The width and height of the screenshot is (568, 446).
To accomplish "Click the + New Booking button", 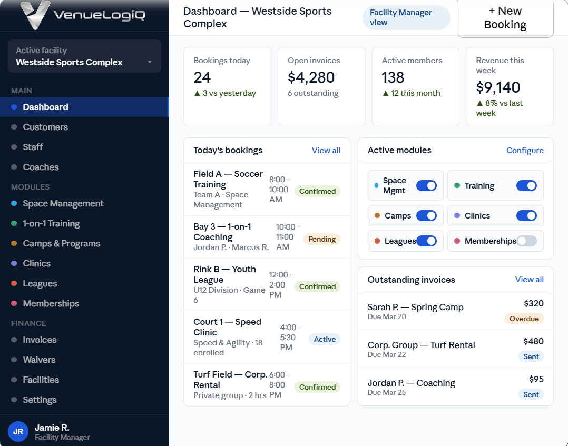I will (505, 18).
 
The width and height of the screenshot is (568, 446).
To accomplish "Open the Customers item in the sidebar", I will (45, 127).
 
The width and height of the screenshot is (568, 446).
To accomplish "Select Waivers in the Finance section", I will (39, 360).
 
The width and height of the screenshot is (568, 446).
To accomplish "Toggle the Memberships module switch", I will (526, 241).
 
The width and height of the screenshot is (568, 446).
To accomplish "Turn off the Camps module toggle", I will (426, 216).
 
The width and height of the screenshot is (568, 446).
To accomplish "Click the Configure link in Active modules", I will (525, 151).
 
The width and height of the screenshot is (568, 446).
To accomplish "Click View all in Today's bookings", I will (326, 151).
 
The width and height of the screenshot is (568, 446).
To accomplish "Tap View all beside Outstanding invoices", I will (529, 280).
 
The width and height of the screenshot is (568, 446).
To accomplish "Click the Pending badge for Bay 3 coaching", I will (321, 239).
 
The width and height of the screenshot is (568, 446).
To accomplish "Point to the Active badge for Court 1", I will (325, 339).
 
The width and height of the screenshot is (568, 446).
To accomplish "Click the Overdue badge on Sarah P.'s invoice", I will (524, 319).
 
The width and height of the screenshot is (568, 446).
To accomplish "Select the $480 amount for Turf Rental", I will (533, 341).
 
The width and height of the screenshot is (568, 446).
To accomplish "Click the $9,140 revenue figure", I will (498, 87).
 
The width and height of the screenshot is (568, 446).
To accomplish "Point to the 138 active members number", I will (393, 77).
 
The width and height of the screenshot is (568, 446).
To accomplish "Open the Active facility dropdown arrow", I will (150, 62).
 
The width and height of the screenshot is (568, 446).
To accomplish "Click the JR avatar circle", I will (18, 431).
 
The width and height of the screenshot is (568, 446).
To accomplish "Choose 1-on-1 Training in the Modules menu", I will (51, 223).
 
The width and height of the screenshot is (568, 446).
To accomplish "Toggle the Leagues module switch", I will (426, 241).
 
